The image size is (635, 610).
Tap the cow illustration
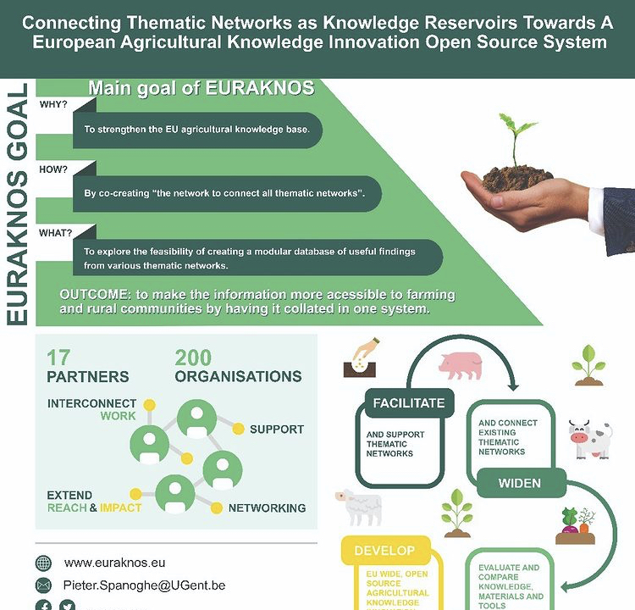589,440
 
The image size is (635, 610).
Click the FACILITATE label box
409,403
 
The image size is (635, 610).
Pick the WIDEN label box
520,485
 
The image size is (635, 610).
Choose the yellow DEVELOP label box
384,551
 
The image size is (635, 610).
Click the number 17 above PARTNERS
59,358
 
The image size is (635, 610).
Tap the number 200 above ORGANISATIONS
194,358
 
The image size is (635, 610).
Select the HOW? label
53,169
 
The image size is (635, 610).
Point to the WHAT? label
56,231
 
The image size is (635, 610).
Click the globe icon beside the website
43,563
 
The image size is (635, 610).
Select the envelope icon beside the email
43,585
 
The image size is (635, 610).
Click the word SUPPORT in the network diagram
276,430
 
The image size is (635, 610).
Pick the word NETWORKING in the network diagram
267,508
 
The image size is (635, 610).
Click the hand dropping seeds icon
362,356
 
